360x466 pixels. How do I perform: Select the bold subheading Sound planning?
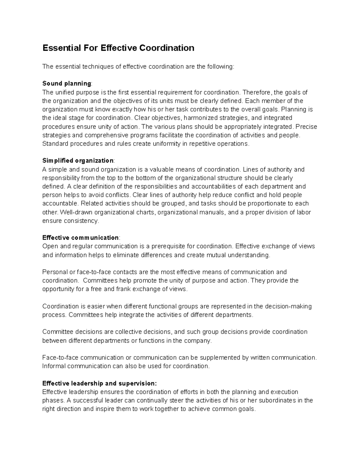coord(67,83)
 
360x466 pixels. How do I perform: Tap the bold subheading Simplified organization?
coord(78,161)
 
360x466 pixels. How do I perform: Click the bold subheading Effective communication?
coord(80,238)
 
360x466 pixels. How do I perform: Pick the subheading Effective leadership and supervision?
coord(99,383)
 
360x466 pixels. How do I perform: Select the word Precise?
coord(307,127)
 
